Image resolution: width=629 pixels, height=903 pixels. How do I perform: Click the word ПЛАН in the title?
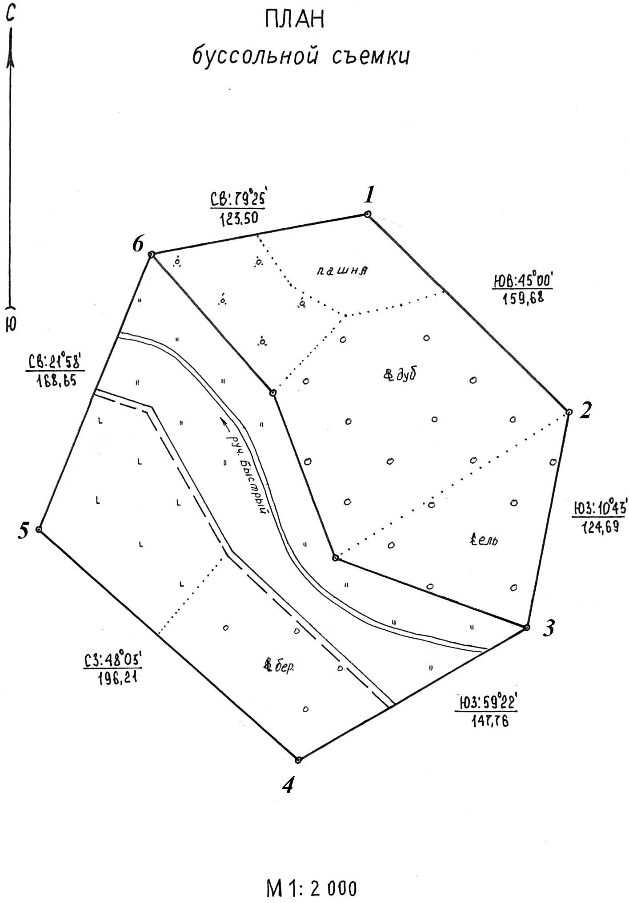pos(294,20)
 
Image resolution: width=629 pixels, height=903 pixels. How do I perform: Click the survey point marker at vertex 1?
pos(367,215)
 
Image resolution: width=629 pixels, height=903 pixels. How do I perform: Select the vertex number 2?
pos(585,410)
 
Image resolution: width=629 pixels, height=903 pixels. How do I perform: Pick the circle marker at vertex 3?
pos(527,628)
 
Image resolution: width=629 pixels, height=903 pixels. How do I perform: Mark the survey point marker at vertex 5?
pos(39,530)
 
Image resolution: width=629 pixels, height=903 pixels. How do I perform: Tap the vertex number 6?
pos(138,244)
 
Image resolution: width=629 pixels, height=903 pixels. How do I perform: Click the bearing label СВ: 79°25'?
pos(237,199)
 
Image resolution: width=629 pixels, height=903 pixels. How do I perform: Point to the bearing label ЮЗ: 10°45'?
pos(598,508)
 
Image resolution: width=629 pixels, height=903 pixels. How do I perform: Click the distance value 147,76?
pos(489,721)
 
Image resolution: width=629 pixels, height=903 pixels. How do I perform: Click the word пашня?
pos(343,270)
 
